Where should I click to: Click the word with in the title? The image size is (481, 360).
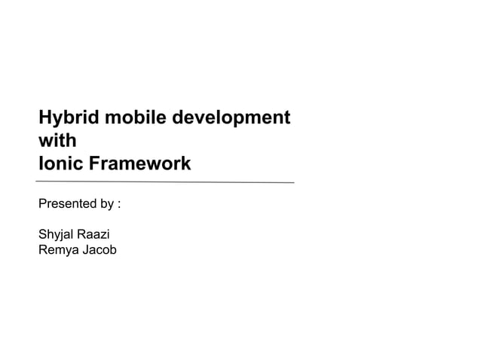click(57, 140)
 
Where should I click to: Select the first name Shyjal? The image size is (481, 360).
click(58, 235)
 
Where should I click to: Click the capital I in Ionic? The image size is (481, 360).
click(41, 163)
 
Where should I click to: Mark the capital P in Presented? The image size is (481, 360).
click(42, 204)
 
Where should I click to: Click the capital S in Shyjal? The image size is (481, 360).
click(42, 235)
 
